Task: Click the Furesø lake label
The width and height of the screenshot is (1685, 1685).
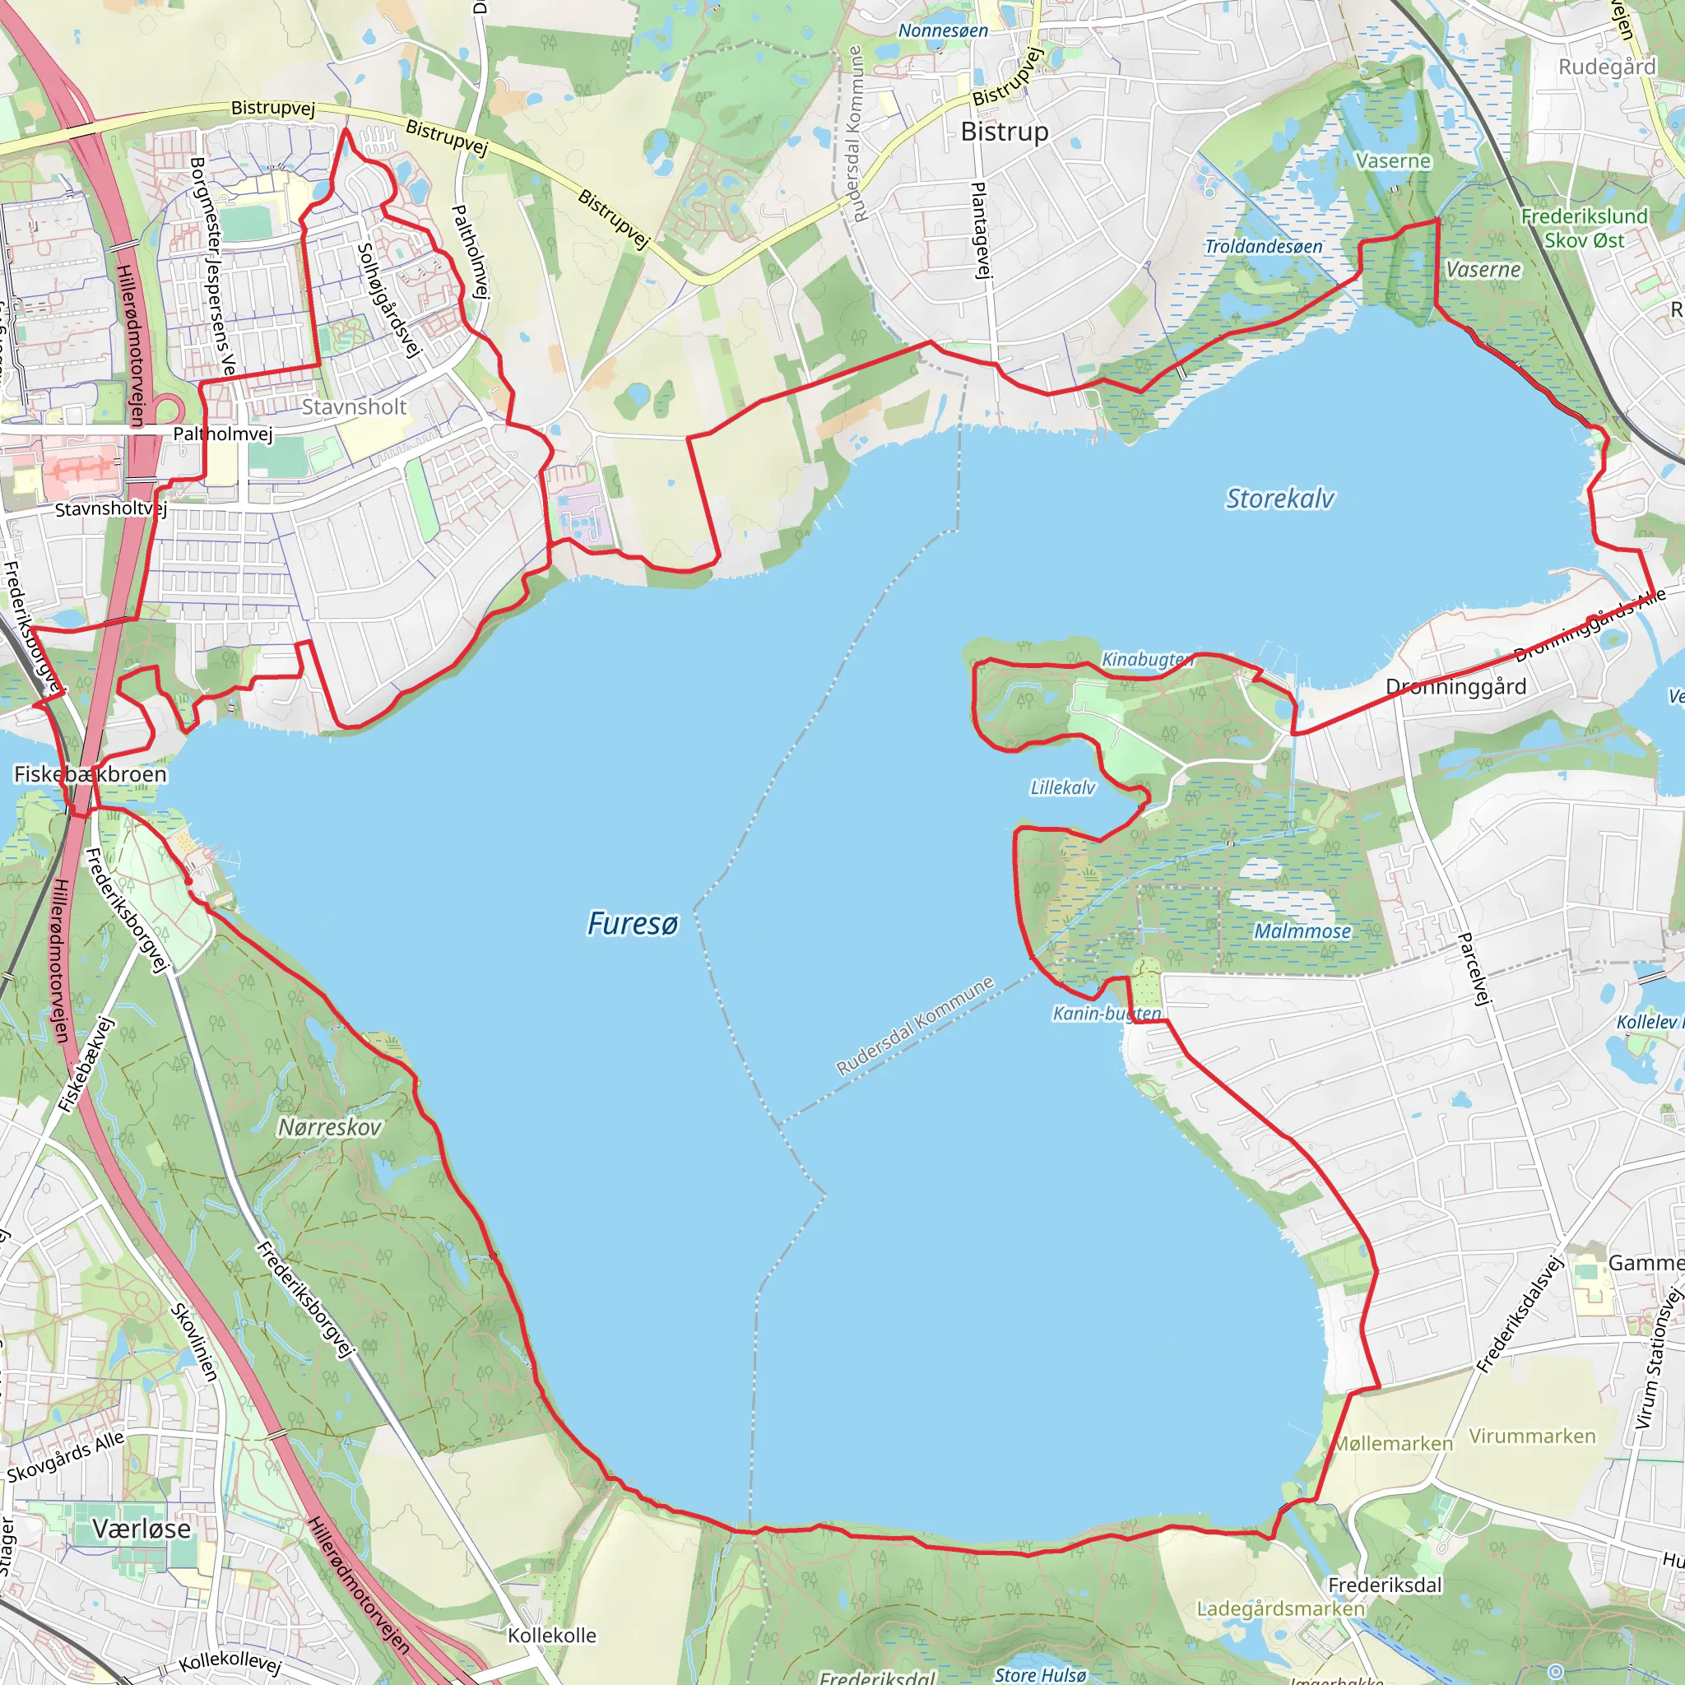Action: (633, 923)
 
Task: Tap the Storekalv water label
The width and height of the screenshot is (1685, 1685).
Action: (1279, 498)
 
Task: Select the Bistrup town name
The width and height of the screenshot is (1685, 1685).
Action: (1004, 132)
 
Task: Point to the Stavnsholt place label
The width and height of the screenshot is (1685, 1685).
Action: (353, 406)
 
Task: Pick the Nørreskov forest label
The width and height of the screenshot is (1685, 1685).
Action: (330, 1127)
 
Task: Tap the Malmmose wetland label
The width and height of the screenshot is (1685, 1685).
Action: (1302, 931)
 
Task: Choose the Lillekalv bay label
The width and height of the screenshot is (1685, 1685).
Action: (1062, 787)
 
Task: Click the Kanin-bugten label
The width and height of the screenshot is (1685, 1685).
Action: (1106, 1013)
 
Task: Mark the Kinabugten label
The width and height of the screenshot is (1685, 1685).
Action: (1146, 659)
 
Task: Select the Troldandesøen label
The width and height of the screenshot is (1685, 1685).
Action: (1263, 247)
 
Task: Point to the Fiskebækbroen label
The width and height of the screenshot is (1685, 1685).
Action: (90, 773)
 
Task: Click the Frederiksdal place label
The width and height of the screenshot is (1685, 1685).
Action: (1384, 1585)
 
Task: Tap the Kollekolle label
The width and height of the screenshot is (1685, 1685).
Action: (552, 1636)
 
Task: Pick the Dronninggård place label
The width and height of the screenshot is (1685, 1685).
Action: (1455, 686)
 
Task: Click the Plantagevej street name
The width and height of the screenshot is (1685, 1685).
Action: (982, 230)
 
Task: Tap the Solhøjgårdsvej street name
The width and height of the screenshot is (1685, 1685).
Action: (389, 299)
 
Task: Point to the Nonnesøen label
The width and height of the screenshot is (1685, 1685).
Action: (943, 30)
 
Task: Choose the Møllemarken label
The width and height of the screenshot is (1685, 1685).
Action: (1394, 1443)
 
